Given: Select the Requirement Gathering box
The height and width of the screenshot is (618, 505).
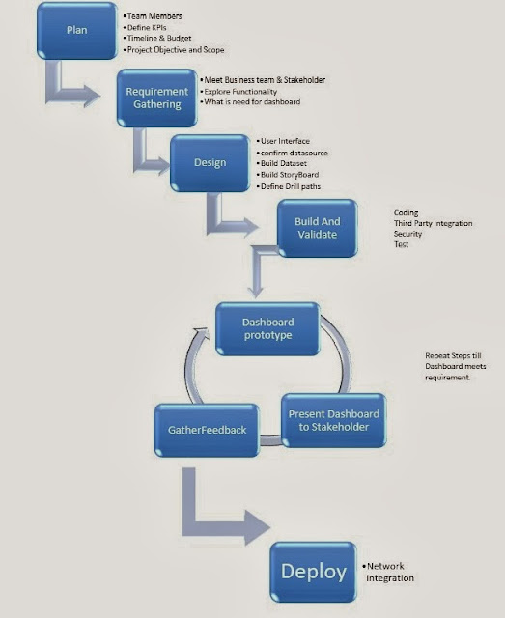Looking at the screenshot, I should [155, 97].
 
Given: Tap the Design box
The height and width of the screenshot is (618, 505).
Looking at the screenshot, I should [210, 162].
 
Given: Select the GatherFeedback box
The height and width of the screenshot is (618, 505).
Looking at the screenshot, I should [205, 431].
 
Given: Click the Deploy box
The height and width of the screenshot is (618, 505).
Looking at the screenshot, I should [313, 572].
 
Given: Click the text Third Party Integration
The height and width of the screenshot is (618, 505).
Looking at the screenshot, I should [433, 224].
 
